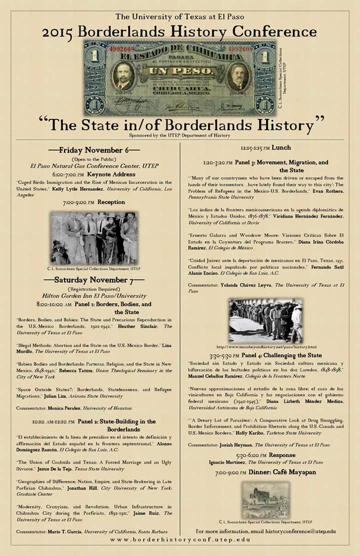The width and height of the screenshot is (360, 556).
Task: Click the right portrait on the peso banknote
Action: [237, 77]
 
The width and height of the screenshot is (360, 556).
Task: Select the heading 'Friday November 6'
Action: [93, 150]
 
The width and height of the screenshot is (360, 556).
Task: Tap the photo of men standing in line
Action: [265, 320]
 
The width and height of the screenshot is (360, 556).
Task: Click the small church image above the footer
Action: [265, 500]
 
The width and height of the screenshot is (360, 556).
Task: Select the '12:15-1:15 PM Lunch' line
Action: [265, 148]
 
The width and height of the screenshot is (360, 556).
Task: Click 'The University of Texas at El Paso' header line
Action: [179, 16]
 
